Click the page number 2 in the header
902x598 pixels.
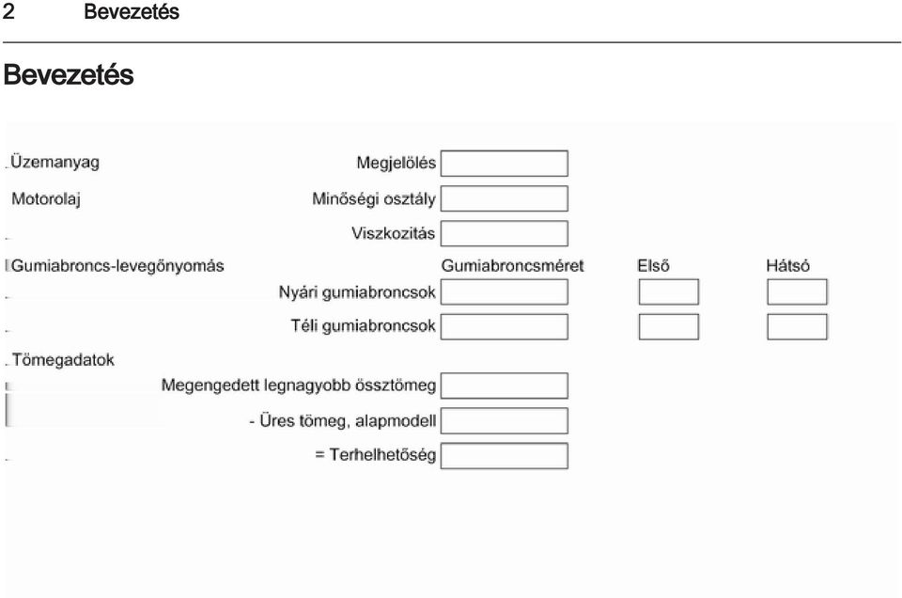pos(8,11)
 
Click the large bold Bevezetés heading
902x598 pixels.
pos(69,75)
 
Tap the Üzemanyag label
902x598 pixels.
pos(55,163)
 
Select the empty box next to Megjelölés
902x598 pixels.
pos(505,164)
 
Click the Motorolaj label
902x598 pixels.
pos(46,199)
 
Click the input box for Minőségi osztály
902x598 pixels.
pos(505,198)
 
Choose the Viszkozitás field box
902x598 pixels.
pos(505,234)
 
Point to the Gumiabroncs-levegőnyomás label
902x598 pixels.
pos(117,266)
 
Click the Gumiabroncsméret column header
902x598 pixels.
pos(513,266)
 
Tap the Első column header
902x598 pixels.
pos(654,266)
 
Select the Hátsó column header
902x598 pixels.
pos(788,266)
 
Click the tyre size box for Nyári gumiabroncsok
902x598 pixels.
pos(505,291)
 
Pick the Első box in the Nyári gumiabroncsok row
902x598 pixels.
pos(669,291)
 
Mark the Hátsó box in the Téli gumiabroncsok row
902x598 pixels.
pos(798,327)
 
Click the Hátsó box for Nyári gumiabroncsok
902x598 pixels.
pos(798,291)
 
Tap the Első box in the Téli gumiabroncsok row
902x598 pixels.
pos(669,327)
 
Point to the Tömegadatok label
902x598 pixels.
pos(63,360)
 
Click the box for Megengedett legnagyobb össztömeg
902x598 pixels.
pos(505,386)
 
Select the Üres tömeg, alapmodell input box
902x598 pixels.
pos(505,420)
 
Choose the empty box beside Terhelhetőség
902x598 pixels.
pos(505,456)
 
